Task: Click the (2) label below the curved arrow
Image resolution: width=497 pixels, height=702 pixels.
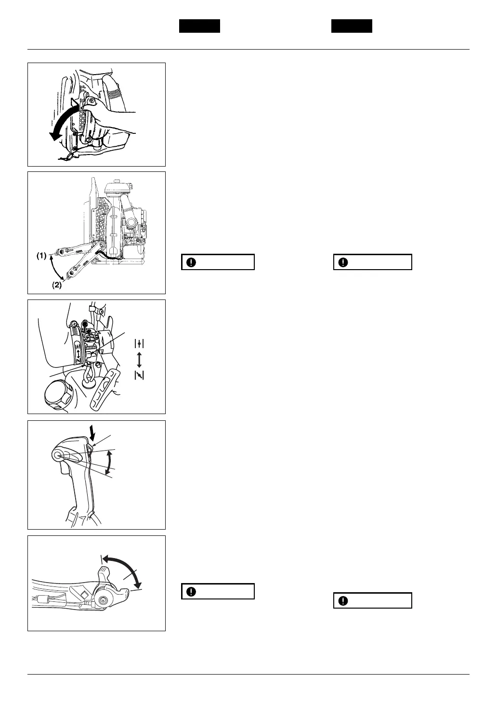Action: coord(57,285)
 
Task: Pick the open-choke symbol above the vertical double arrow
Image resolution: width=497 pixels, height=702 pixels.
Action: coord(139,343)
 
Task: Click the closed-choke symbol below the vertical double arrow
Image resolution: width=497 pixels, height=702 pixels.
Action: coord(139,375)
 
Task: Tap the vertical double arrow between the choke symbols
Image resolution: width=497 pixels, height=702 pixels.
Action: coord(139,359)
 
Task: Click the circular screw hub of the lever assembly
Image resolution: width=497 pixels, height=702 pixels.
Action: coord(103,599)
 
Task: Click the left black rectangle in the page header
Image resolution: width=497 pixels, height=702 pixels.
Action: coord(199,26)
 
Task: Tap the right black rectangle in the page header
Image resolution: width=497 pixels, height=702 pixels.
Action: coord(352,26)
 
